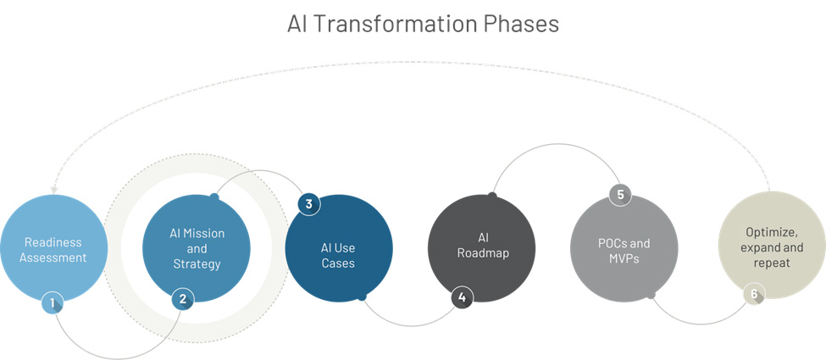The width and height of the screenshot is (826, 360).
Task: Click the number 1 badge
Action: pyautogui.click(x=53, y=302)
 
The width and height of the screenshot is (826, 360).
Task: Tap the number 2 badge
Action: pyautogui.click(x=183, y=299)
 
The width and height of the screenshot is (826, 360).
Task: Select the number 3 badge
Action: pyautogui.click(x=308, y=204)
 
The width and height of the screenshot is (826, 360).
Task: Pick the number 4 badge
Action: pyautogui.click(x=462, y=297)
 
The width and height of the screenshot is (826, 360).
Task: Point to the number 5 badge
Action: pyautogui.click(x=620, y=195)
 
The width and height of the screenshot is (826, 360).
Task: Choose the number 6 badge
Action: pyautogui.click(x=754, y=294)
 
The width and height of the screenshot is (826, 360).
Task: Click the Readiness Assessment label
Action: pyautogui.click(x=53, y=250)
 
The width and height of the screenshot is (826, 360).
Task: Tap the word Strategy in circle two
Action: pyautogui.click(x=197, y=264)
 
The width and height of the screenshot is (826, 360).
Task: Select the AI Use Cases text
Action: pyautogui.click(x=338, y=255)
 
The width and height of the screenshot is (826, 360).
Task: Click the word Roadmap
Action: pyautogui.click(x=483, y=253)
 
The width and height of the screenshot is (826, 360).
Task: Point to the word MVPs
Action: pyautogui.click(x=624, y=259)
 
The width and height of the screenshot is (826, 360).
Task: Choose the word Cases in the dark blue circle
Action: pyautogui.click(x=338, y=263)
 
